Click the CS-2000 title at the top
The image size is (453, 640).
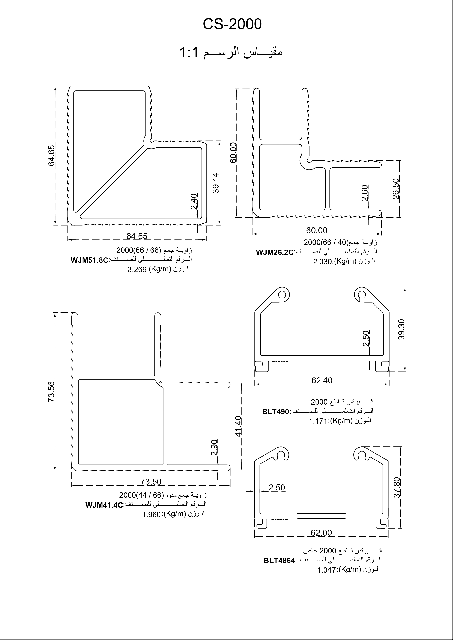[x=232, y=24]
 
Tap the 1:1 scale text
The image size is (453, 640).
[x=189, y=52]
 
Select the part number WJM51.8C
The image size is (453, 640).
[x=89, y=260]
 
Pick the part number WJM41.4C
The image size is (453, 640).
[x=104, y=505]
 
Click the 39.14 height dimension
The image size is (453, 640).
[x=216, y=183]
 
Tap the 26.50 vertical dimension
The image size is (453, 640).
[x=396, y=189]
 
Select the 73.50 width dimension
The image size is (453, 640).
[x=151, y=482]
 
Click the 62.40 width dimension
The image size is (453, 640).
[x=322, y=380]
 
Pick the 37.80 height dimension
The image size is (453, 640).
[x=398, y=488]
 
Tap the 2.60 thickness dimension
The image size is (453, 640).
[x=365, y=193]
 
